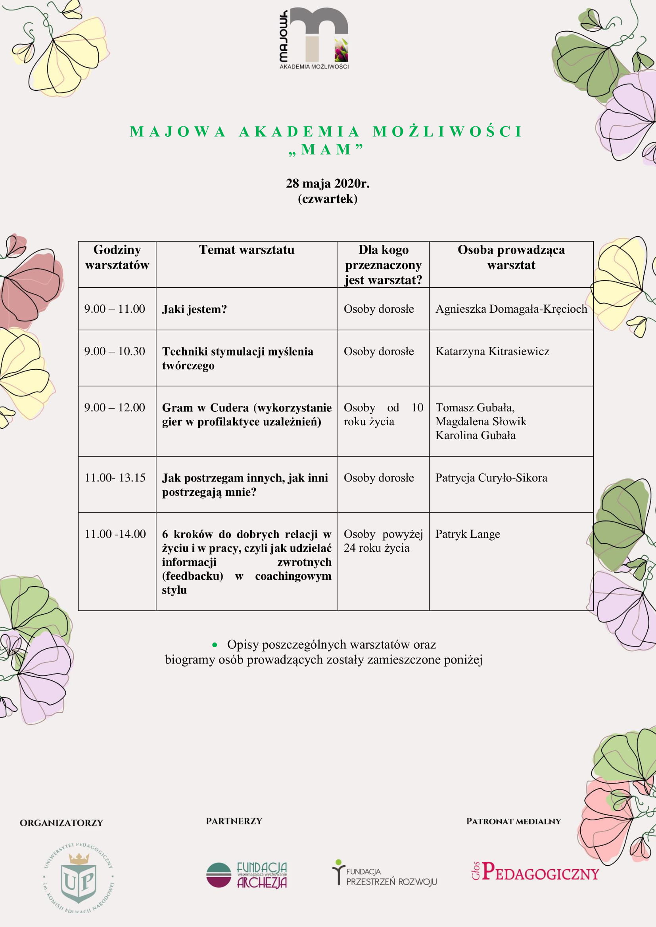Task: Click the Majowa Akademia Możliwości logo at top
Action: (x=314, y=38)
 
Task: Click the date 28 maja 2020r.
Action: (x=328, y=184)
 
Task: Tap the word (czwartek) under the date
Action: (x=328, y=199)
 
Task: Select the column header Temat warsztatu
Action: (x=246, y=250)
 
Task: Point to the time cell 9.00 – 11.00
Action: (x=114, y=309)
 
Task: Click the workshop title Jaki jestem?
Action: (x=194, y=309)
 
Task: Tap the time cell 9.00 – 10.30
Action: (x=114, y=351)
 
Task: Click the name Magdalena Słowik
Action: (x=481, y=422)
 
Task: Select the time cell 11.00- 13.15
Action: (x=115, y=478)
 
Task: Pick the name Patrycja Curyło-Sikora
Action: (x=491, y=478)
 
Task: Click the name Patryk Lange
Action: (x=467, y=534)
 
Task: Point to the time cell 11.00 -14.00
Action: (x=115, y=534)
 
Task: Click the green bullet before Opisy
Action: (x=215, y=645)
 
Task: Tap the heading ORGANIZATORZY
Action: (x=61, y=823)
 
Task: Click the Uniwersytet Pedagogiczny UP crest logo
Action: (x=78, y=878)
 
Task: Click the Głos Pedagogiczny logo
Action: (x=535, y=872)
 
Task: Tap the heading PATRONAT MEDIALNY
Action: (x=513, y=821)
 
